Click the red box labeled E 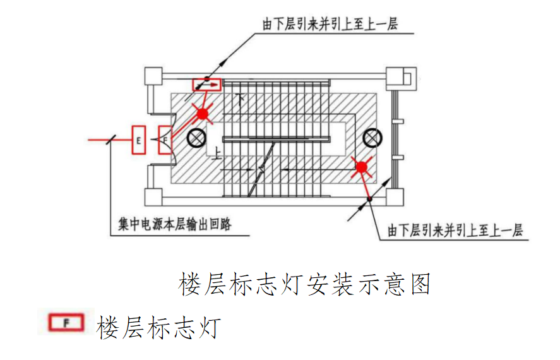coord(138,140)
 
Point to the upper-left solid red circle coord(202,114)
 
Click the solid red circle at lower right coord(361,167)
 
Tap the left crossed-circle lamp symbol coord(197,136)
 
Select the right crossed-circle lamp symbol coord(372,136)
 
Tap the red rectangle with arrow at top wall coord(207,84)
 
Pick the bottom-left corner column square coord(154,197)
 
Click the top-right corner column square coord(398,76)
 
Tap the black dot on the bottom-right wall coord(371,200)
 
